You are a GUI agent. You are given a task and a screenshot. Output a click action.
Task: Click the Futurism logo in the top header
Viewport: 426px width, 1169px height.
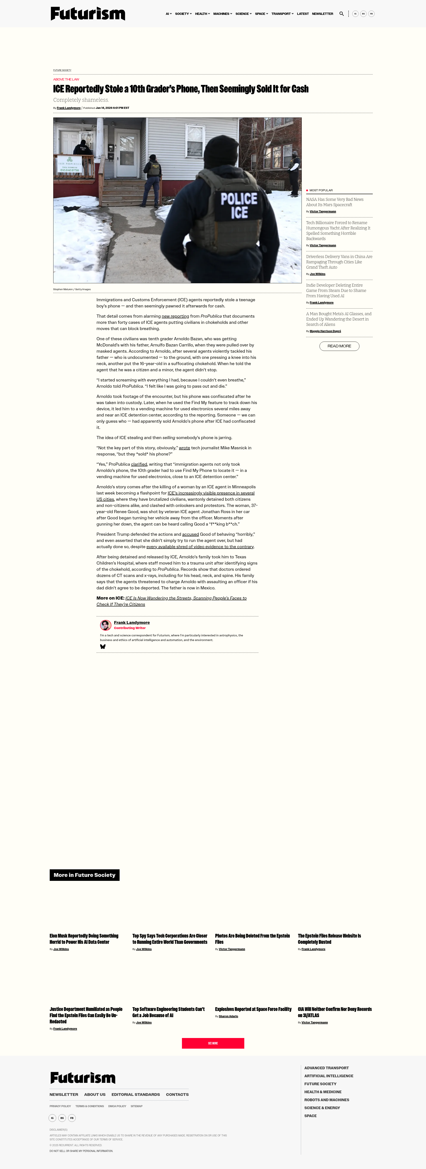click(88, 14)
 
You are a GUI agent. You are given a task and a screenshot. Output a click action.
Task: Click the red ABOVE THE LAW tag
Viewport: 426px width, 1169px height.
click(66, 79)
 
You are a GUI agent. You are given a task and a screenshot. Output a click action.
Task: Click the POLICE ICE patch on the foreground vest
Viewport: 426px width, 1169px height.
click(239, 205)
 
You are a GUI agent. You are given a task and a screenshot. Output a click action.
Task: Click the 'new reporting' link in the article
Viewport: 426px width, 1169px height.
click(175, 316)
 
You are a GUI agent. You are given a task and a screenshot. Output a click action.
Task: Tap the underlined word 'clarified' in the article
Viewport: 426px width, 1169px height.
click(139, 464)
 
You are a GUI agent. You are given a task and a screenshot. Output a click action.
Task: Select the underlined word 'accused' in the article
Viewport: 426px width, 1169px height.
click(190, 534)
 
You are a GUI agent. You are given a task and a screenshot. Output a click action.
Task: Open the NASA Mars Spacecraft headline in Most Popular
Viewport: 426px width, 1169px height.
click(335, 202)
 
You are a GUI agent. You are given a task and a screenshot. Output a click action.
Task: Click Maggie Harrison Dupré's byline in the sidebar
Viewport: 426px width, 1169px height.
click(325, 331)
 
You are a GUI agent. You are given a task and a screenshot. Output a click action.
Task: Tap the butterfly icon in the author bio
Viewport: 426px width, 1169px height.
click(103, 647)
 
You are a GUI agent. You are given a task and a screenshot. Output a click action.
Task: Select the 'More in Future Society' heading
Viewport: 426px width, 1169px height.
click(85, 875)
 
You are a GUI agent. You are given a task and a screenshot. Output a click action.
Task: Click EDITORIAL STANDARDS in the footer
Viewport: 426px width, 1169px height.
click(136, 1095)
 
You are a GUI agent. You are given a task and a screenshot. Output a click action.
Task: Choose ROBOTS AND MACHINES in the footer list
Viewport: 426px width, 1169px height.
click(327, 1100)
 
